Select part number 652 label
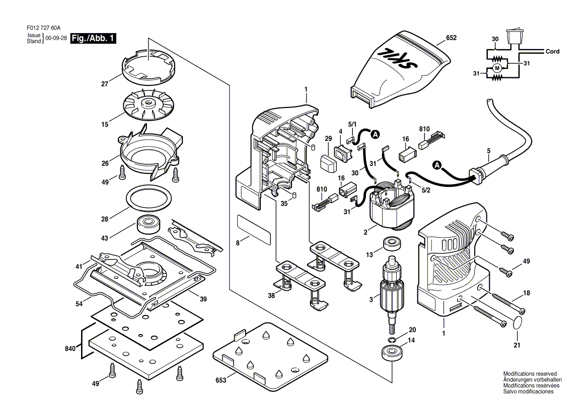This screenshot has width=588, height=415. (452, 37)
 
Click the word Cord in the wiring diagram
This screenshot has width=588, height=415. (552, 52)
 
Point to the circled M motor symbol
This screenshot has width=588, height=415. (497, 68)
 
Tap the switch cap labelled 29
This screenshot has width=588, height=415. (328, 162)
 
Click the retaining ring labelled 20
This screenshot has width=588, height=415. (393, 339)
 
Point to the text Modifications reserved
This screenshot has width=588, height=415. (530, 374)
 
